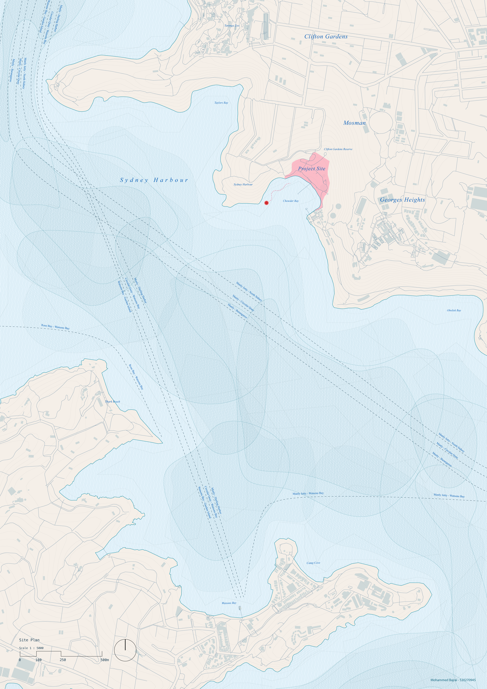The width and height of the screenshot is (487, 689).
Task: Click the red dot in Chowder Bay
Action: pyautogui.click(x=266, y=203)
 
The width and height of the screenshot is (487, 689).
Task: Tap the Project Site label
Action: pyautogui.click(x=312, y=169)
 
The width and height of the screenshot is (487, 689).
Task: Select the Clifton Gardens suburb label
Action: pyautogui.click(x=326, y=37)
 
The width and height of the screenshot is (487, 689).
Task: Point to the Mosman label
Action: pyautogui.click(x=355, y=123)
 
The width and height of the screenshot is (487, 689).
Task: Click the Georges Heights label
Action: pyautogui.click(x=402, y=200)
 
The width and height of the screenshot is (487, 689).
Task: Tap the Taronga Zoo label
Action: pyautogui.click(x=232, y=26)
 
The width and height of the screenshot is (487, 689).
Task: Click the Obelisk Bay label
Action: pyautogui.click(x=454, y=311)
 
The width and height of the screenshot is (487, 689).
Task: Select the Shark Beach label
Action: pyautogui.click(x=113, y=401)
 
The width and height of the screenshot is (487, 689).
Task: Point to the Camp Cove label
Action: pyautogui.click(x=313, y=563)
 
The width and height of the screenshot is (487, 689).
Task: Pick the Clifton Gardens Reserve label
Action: pyautogui.click(x=338, y=149)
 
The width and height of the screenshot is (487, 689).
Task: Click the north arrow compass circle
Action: pyautogui.click(x=125, y=648)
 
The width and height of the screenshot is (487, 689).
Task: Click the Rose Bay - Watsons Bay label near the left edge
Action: pyautogui.click(x=55, y=327)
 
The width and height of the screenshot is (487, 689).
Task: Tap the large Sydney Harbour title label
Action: pyautogui.click(x=154, y=180)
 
